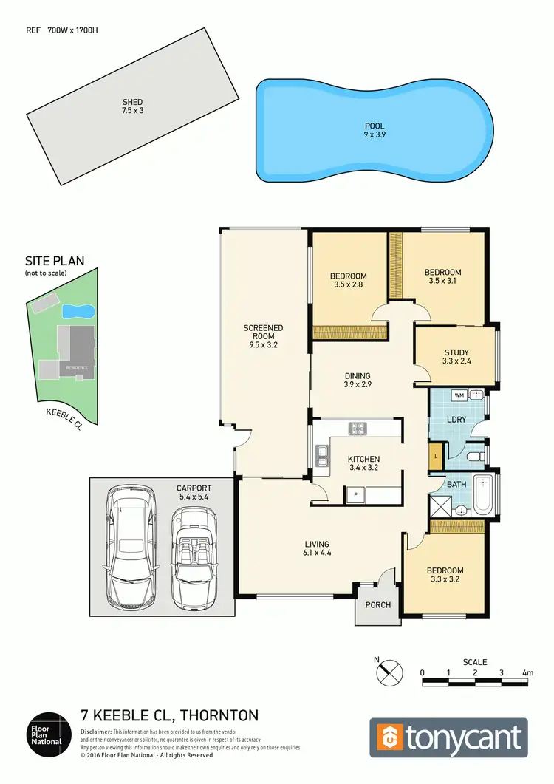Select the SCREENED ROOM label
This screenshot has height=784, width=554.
(x=264, y=335)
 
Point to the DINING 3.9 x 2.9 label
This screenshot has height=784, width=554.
(x=357, y=380)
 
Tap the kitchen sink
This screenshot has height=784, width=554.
(x=322, y=456)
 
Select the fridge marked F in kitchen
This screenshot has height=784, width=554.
(x=356, y=493)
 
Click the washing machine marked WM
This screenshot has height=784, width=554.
(x=459, y=395)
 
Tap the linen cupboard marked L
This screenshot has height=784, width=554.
(x=437, y=456)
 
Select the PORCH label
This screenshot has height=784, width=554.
(x=377, y=605)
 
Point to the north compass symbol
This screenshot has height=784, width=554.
(x=390, y=672)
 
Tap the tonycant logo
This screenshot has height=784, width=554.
(x=448, y=737)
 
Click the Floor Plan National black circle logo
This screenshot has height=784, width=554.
(x=49, y=733)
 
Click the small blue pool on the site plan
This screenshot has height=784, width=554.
(x=78, y=310)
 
